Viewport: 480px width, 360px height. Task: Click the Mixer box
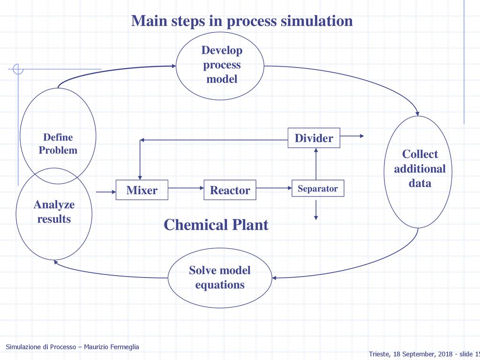click(x=142, y=190)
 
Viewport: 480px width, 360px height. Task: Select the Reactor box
click(x=230, y=190)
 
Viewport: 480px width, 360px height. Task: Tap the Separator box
click(x=318, y=188)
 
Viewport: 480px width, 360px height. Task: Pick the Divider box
click(x=314, y=138)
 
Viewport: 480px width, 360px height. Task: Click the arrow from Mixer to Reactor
click(x=186, y=188)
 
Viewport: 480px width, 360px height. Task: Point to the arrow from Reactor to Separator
click(x=274, y=188)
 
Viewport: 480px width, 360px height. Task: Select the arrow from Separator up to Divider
click(x=316, y=164)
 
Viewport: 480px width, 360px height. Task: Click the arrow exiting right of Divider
click(x=352, y=136)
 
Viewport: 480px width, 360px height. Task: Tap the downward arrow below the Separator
click(x=316, y=210)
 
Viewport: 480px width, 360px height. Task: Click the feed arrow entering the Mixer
click(x=106, y=192)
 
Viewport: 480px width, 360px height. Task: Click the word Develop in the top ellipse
click(x=222, y=51)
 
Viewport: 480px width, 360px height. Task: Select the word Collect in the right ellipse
click(x=420, y=154)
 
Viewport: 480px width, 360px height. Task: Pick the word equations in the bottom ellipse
click(x=220, y=285)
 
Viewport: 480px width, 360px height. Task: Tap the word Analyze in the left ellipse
click(x=54, y=205)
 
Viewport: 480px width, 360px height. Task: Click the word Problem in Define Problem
click(x=58, y=150)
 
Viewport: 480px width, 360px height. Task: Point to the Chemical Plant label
click(x=216, y=225)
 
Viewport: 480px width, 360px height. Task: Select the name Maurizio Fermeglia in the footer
click(x=112, y=347)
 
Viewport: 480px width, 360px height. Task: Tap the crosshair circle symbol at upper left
click(x=18, y=69)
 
